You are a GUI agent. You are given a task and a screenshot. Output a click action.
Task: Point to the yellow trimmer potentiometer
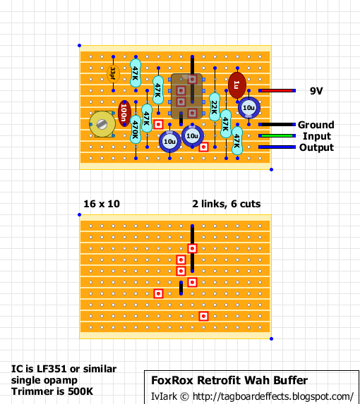(x=102, y=125)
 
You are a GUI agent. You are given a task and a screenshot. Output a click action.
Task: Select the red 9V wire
(x=277, y=91)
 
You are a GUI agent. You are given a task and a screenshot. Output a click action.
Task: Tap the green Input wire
(x=277, y=136)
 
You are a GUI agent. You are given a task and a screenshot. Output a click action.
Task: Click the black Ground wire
(x=277, y=125)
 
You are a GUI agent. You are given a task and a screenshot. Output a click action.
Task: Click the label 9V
(x=317, y=91)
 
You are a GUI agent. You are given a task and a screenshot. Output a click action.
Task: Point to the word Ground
(x=316, y=125)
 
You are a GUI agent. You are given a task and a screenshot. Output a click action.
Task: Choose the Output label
(x=316, y=147)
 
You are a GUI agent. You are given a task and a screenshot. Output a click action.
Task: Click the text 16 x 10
(x=102, y=204)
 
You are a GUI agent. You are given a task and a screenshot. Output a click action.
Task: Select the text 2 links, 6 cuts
(x=226, y=204)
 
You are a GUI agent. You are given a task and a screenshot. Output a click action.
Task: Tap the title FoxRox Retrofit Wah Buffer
(x=229, y=381)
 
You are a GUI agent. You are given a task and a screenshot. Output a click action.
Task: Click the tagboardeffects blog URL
(x=272, y=396)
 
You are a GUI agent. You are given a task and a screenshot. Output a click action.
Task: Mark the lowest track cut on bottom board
(x=203, y=316)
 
